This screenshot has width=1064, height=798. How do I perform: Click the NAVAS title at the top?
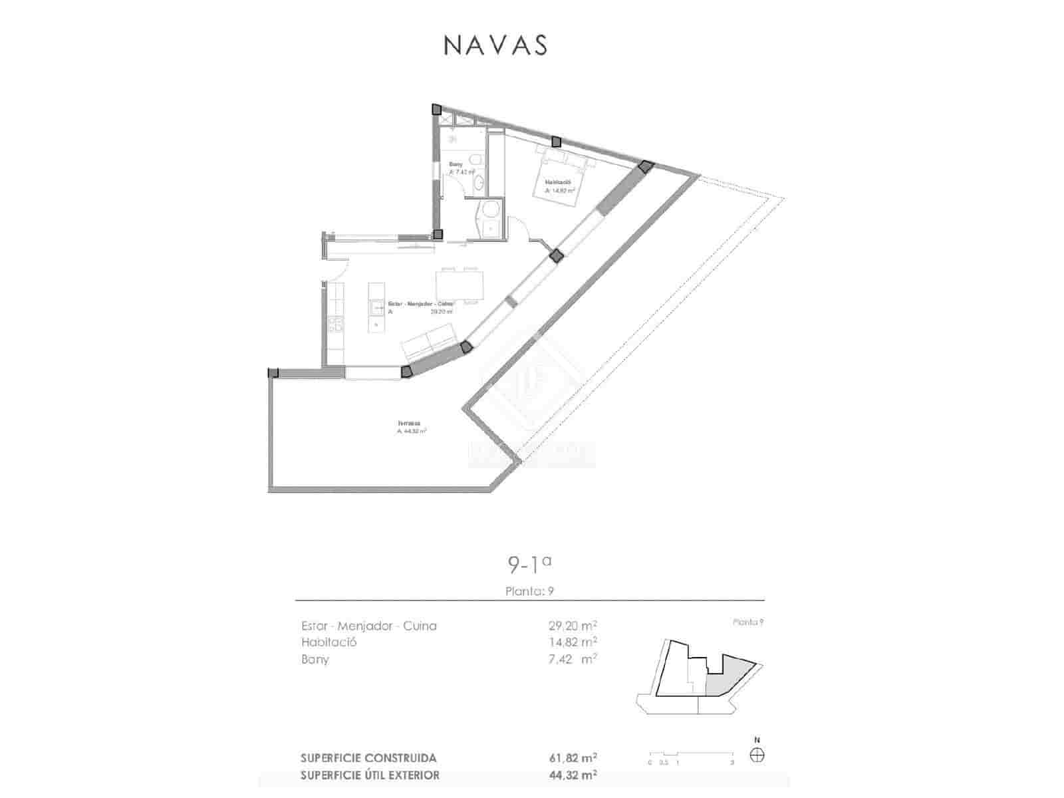pyautogui.click(x=495, y=45)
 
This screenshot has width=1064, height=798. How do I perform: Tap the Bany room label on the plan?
pyautogui.click(x=456, y=164)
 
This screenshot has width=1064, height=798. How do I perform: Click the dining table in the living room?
pyautogui.click(x=460, y=285)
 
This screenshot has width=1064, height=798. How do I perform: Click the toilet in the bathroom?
pyautogui.click(x=475, y=160)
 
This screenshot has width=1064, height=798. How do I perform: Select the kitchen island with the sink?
pyautogui.click(x=376, y=307)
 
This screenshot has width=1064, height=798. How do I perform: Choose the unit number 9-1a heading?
pyautogui.click(x=529, y=565)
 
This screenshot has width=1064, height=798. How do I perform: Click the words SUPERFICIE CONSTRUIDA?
pyautogui.click(x=368, y=758)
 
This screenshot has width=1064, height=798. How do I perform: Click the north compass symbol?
pyautogui.click(x=757, y=755)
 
